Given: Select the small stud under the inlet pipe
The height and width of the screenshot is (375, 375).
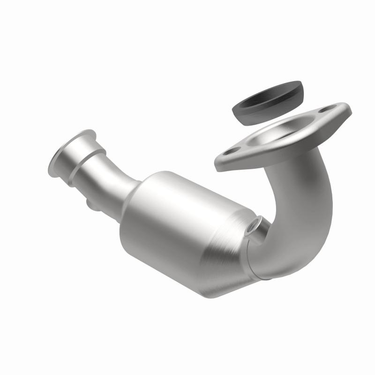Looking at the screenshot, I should point(92,205).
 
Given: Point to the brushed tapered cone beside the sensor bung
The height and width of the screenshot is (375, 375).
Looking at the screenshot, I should point(230,262).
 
